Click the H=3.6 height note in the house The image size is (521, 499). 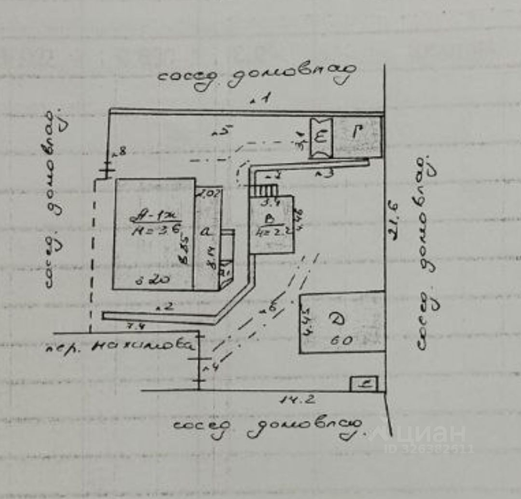point(155,231)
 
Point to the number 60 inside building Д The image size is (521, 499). point(343,340)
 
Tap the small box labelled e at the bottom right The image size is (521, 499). point(364,384)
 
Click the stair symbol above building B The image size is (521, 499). point(264,189)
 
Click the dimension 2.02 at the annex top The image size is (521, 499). point(209,195)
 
